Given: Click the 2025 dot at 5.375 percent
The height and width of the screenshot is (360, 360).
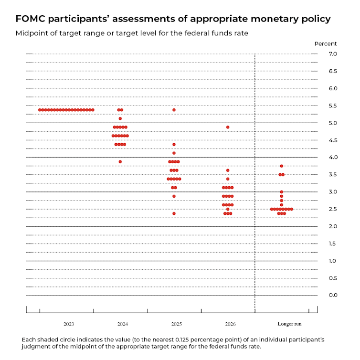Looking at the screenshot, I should click(174, 110).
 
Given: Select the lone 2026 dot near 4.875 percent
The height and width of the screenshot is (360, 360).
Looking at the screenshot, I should click(228, 127).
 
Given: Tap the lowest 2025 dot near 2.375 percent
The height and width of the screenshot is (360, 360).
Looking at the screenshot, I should click(174, 213).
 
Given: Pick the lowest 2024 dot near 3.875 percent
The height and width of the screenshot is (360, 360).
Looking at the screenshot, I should click(120, 161).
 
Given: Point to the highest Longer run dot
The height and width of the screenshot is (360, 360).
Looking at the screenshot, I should click(282, 166).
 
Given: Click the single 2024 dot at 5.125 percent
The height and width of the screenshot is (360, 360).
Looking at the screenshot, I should click(120, 118).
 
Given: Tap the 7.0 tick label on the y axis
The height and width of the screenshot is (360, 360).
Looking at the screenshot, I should click(333, 54).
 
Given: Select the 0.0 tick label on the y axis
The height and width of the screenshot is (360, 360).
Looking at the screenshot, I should click(333, 295).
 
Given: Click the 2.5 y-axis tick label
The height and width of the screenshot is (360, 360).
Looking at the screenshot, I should click(333, 209).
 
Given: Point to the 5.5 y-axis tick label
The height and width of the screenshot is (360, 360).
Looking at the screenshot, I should click(333, 106).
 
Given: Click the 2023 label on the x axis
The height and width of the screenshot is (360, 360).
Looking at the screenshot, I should click(68, 324).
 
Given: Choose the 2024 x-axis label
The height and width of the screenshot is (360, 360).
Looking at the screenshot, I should click(122, 324).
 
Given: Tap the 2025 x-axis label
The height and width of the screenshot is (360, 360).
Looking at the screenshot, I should click(176, 324).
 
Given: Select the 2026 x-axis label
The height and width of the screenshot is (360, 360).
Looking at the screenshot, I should click(230, 324).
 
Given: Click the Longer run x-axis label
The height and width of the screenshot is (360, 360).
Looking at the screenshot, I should click(289, 324).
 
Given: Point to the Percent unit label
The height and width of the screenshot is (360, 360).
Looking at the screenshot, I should click(325, 43).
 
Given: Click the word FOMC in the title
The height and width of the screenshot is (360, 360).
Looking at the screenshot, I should click(31, 19).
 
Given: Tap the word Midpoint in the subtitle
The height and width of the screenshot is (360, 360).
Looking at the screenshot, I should click(32, 33).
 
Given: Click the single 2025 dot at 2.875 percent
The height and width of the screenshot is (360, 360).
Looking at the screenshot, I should click(174, 196).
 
